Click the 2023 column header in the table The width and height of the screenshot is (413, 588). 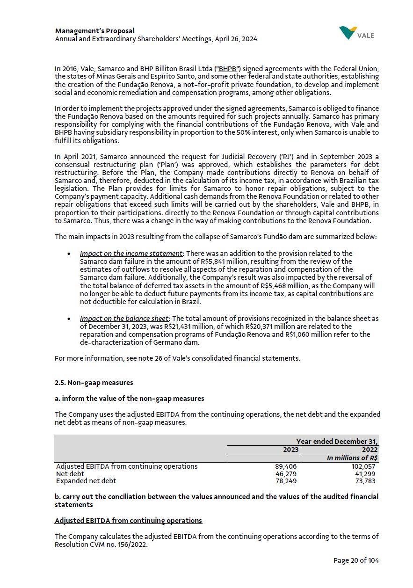290,450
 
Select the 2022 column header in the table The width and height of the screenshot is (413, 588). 370,450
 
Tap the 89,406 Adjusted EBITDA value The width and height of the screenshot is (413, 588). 286,466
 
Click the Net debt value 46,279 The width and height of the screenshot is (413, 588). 286,474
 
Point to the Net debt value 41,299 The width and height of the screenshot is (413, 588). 365,474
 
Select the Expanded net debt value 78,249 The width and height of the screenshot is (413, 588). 286,481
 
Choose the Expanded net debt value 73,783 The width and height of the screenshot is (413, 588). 365,481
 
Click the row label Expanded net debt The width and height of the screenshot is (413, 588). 86,481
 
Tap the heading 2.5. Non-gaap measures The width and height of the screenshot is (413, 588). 94,383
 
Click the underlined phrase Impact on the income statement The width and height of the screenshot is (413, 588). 131,254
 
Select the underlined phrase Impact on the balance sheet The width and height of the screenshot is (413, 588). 124,319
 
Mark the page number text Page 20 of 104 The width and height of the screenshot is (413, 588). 356,560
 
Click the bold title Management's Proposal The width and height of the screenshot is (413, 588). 94,31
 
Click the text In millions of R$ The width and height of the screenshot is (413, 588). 352,458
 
